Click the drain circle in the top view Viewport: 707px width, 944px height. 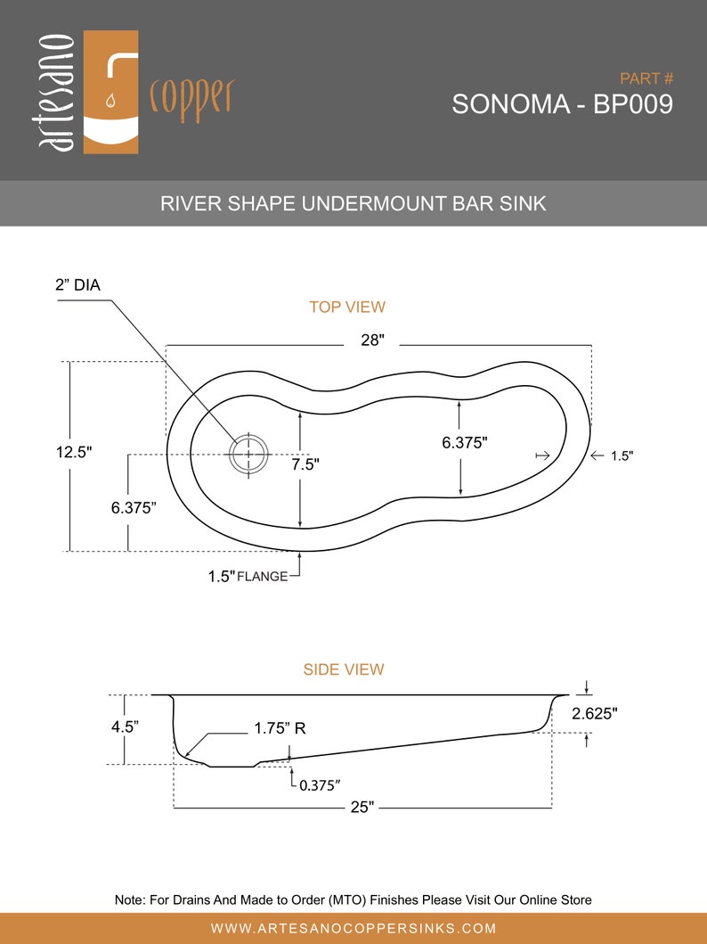(248, 455)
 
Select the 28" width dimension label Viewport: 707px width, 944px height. (372, 340)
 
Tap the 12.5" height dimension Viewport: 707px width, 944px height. (74, 452)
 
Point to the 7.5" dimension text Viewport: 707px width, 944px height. (304, 464)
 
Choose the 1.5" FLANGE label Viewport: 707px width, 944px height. (248, 576)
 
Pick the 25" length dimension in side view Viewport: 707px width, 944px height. (362, 807)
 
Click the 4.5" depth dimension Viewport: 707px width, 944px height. (125, 726)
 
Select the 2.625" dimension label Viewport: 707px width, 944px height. (595, 713)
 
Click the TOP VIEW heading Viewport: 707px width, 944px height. (347, 308)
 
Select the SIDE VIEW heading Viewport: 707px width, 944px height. (344, 669)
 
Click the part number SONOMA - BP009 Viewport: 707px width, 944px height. (562, 104)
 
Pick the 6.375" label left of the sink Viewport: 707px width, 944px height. (134, 507)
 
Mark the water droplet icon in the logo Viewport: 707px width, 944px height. (110, 102)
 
